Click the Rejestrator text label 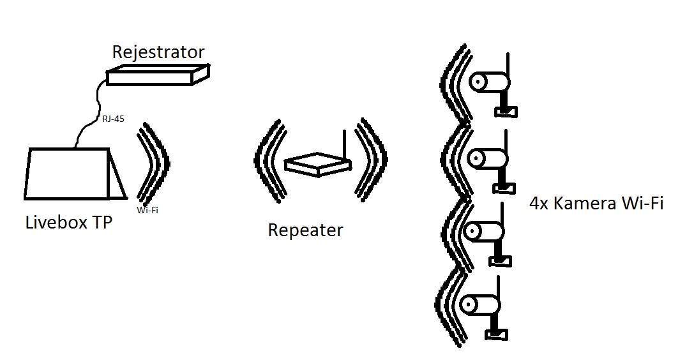pyautogui.click(x=158, y=52)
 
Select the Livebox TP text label pyautogui.click(x=68, y=223)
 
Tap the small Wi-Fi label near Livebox pyautogui.click(x=147, y=209)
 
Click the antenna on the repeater pyautogui.click(x=343, y=144)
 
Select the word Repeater pyautogui.click(x=305, y=230)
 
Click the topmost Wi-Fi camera pyautogui.click(x=490, y=82)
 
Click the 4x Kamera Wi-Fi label pyautogui.click(x=596, y=204)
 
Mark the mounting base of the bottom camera pyautogui.click(x=495, y=334)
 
